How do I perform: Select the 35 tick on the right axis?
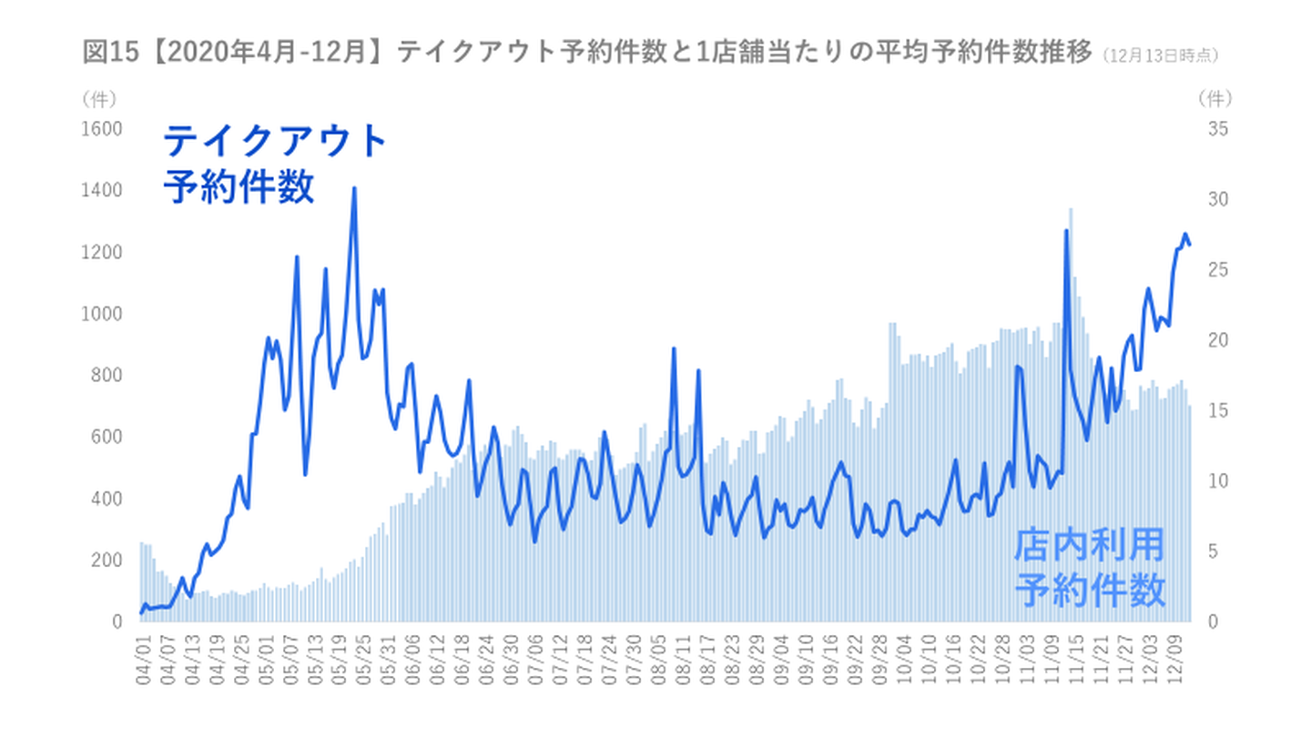[1218, 129]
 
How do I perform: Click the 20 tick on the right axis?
[1218, 340]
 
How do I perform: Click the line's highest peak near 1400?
[354, 188]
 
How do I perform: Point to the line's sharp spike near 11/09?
[1066, 231]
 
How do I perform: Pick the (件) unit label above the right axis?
[1214, 96]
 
